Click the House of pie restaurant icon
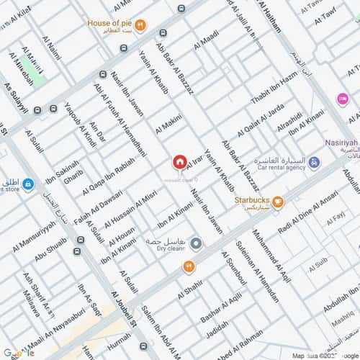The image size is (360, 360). [x=141, y=24]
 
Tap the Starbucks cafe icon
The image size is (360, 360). [x=277, y=202]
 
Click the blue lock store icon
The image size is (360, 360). [x=27, y=185]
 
